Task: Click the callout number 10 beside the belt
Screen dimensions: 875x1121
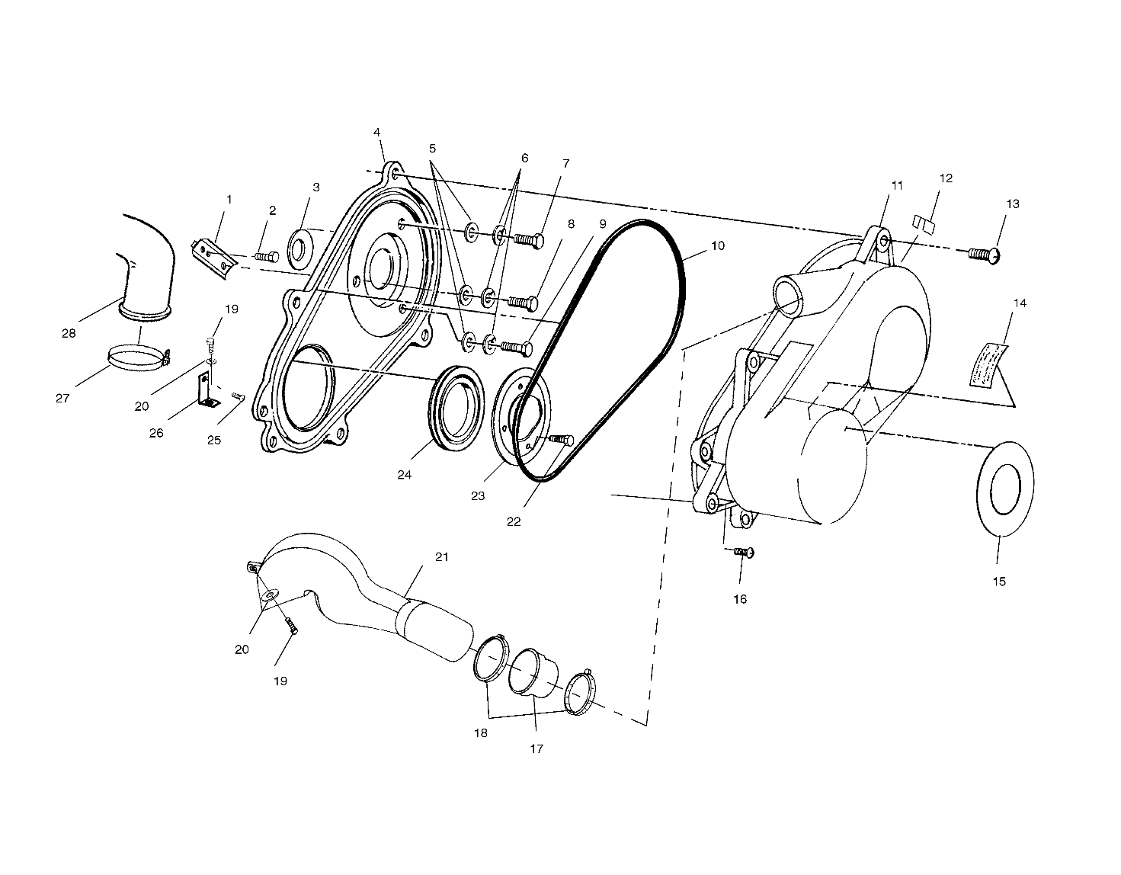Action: tap(718, 246)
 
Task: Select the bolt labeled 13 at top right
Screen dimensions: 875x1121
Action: tap(984, 253)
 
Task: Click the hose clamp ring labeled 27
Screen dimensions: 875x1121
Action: tap(137, 357)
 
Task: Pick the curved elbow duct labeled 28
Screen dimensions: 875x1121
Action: tap(145, 267)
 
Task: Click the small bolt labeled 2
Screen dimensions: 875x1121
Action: tap(264, 258)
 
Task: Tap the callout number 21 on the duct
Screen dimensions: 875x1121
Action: tap(442, 557)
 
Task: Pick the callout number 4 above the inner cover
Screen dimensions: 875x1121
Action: tap(376, 132)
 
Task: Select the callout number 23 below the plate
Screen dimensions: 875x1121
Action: tap(477, 495)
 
